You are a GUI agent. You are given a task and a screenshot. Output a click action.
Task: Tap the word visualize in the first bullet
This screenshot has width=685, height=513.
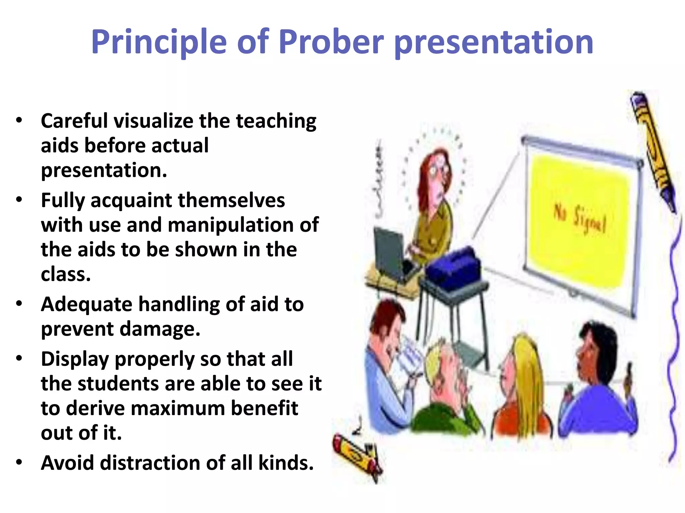coord(153,121)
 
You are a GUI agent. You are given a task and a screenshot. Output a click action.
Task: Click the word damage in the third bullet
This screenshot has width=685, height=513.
coord(160,329)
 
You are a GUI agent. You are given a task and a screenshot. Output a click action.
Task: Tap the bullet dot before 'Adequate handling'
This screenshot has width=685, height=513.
coord(19,304)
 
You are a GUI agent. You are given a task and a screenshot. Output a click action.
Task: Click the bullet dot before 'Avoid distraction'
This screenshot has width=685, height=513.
coord(19,462)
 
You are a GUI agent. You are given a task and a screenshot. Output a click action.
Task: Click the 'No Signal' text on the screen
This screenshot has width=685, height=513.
coord(580,219)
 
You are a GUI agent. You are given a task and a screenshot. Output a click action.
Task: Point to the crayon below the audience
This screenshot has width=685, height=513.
coord(356,458)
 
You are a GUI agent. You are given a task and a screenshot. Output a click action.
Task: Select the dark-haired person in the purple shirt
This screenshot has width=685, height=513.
coord(599,384)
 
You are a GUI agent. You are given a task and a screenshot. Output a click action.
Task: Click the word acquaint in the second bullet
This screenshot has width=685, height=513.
coord(131,200)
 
